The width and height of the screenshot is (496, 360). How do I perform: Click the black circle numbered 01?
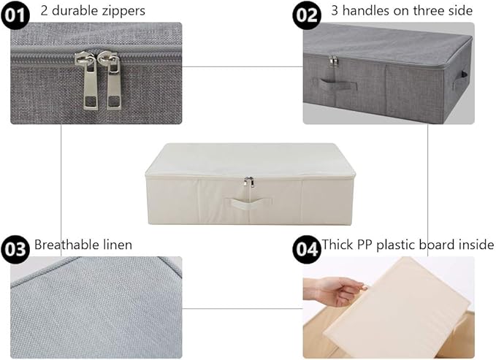coord(15,13)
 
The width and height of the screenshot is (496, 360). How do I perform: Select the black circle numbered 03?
coord(15,248)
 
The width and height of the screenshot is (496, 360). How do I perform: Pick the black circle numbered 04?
coord(307,248)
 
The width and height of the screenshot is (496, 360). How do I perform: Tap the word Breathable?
coord(69,245)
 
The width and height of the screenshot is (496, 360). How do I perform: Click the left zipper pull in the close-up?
coord(90,84)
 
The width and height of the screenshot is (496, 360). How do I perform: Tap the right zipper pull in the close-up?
coord(113,84)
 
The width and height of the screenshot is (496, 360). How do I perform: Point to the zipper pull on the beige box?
coord(249,183)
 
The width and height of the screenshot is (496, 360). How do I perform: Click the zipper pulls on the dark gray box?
coord(334,61)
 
